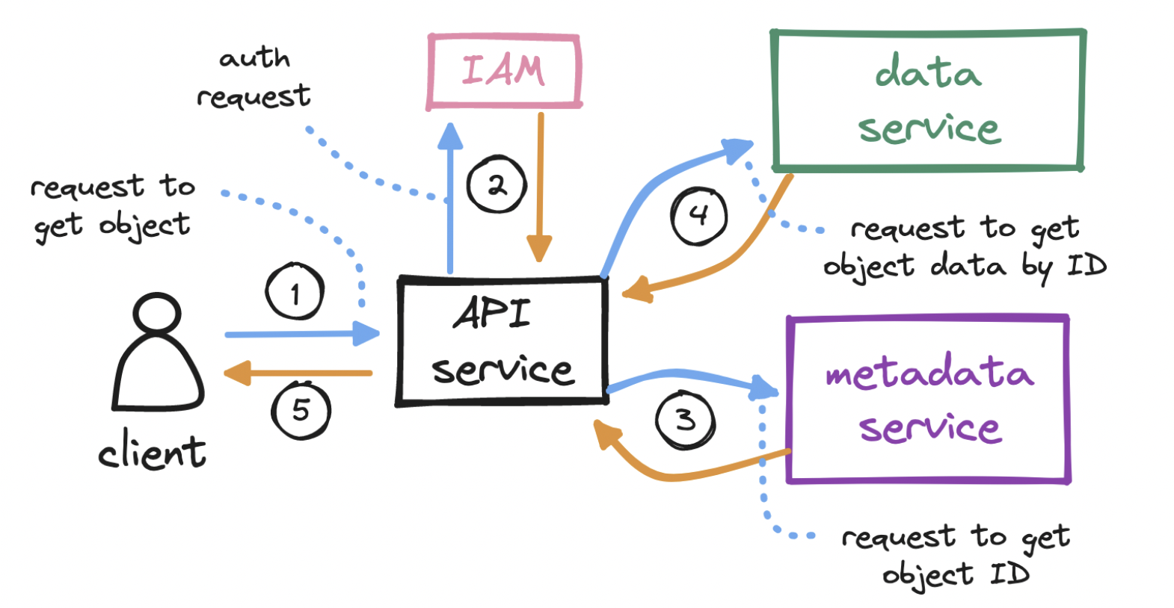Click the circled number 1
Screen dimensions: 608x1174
(x=295, y=292)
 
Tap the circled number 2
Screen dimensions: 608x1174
(x=497, y=184)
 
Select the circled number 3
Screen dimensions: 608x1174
(x=685, y=420)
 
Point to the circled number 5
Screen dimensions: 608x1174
(x=301, y=410)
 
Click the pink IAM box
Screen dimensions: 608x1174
(x=504, y=71)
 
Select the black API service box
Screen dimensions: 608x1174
(x=502, y=341)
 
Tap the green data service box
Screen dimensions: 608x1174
(x=928, y=100)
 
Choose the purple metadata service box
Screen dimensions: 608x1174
(x=928, y=400)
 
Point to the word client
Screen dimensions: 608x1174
(x=152, y=452)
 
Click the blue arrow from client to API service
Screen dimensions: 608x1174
(x=299, y=334)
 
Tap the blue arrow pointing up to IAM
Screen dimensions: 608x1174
(x=450, y=202)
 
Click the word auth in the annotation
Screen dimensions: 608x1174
(x=254, y=58)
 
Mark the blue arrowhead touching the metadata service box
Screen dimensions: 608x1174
(x=764, y=388)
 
